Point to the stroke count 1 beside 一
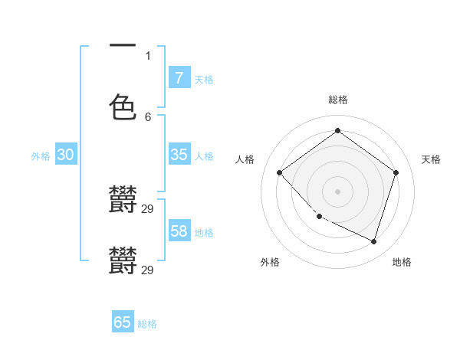(148, 55)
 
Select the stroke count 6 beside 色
(148, 116)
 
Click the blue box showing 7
(179, 77)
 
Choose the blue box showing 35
(179, 155)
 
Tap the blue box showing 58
(179, 231)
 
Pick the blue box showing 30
(66, 155)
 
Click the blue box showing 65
(123, 322)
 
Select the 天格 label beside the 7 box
(204, 79)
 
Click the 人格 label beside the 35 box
(204, 156)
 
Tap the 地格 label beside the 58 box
(204, 233)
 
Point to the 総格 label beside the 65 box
(147, 324)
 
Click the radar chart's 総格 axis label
(337, 100)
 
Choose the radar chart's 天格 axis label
(431, 159)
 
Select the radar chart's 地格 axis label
(402, 262)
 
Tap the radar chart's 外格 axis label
(270, 262)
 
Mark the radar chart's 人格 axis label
(245, 159)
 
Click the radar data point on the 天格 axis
(396, 172)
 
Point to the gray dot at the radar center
(337, 191)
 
